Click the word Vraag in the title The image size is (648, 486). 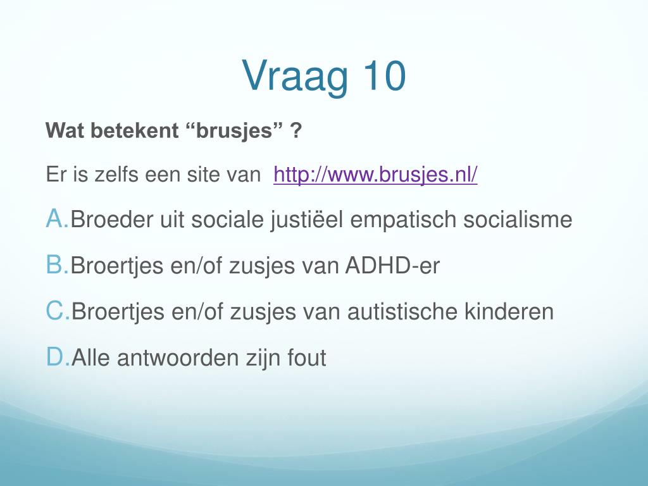pyautogui.click(x=295, y=78)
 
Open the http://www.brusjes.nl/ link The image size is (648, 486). pyautogui.click(x=375, y=175)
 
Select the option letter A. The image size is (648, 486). pyautogui.click(x=57, y=218)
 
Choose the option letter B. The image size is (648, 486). pyautogui.click(x=57, y=265)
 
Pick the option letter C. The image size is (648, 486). pyautogui.click(x=58, y=311)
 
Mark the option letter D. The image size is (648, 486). pyautogui.click(x=58, y=357)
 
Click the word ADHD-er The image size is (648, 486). pyautogui.click(x=392, y=265)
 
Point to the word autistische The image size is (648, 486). pyautogui.click(x=402, y=311)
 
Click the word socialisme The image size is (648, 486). pyautogui.click(x=518, y=219)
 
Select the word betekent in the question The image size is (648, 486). pyautogui.click(x=135, y=130)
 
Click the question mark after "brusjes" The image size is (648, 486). pyautogui.click(x=296, y=130)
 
